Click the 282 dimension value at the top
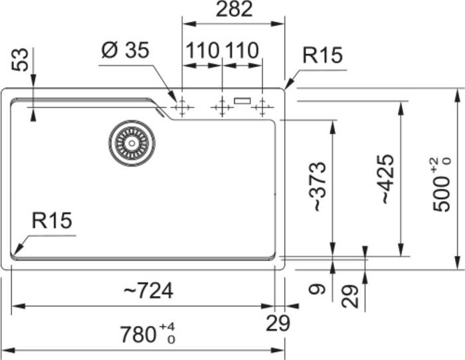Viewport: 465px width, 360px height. [x=234, y=9]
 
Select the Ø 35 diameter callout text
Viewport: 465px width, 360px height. [x=125, y=50]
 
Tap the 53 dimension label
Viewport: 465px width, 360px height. [x=20, y=60]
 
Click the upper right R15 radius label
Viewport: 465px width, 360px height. [x=322, y=55]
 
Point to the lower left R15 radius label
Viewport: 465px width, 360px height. [x=52, y=221]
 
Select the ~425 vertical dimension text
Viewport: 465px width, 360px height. [x=387, y=179]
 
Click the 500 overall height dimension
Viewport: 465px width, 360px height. [x=441, y=185]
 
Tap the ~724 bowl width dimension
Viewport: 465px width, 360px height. [x=148, y=291]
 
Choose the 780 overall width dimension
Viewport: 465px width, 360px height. [x=147, y=334]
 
